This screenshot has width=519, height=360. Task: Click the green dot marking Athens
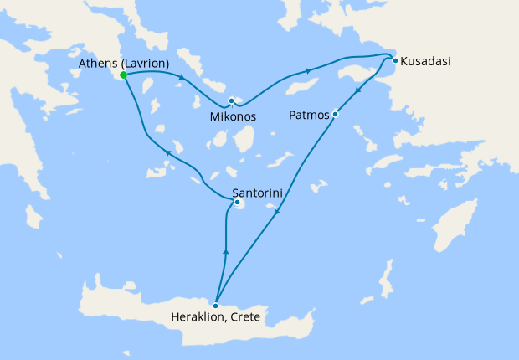(x=124, y=75)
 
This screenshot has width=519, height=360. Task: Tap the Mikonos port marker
(x=231, y=101)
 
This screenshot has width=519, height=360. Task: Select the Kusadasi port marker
(x=395, y=59)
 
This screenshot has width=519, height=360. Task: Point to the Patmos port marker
(x=335, y=114)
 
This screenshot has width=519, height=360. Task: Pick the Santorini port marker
(x=238, y=202)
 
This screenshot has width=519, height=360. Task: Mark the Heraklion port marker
(x=216, y=305)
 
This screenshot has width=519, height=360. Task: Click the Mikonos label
(x=233, y=116)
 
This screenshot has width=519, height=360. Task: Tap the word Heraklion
(x=198, y=317)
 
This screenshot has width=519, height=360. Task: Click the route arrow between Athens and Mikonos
(x=181, y=79)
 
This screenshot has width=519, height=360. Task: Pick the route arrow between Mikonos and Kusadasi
(x=310, y=71)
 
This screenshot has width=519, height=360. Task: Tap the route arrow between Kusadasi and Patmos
(x=358, y=90)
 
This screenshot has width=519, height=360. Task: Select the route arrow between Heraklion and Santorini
(x=224, y=250)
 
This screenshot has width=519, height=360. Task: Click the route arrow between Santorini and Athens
(x=167, y=153)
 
